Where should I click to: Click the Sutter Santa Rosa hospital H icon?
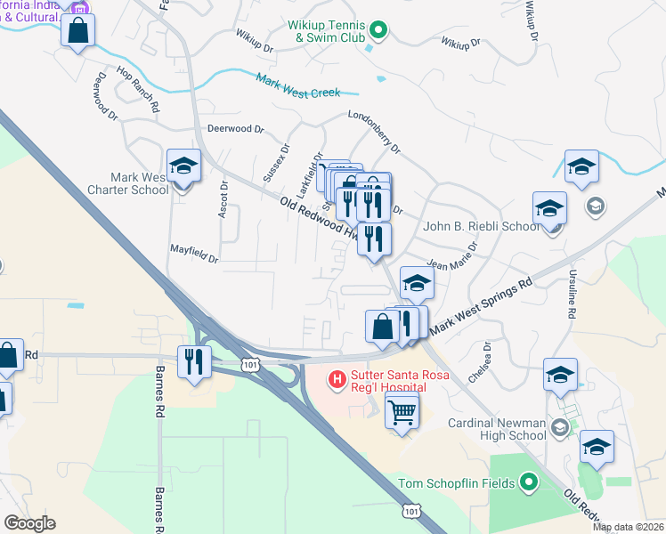point(337,380)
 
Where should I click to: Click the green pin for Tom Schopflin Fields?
point(529,483)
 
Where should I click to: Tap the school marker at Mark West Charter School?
point(184,166)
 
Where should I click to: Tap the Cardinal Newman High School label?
point(496,429)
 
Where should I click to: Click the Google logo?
point(29,523)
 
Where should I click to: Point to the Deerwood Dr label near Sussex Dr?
point(235,128)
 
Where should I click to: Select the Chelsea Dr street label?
point(484,360)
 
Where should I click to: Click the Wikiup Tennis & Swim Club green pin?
point(378,31)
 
